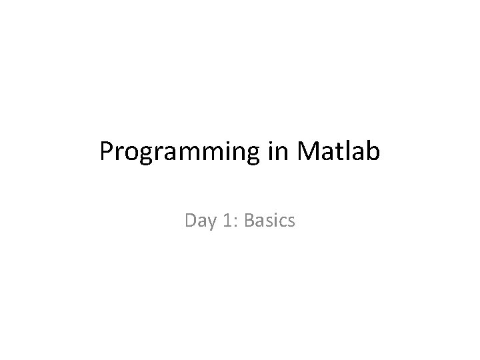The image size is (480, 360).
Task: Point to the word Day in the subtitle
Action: [199, 219]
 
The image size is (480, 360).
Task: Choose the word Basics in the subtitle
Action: [269, 219]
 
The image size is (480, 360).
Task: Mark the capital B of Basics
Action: [249, 219]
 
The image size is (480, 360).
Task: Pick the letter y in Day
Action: [209, 221]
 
